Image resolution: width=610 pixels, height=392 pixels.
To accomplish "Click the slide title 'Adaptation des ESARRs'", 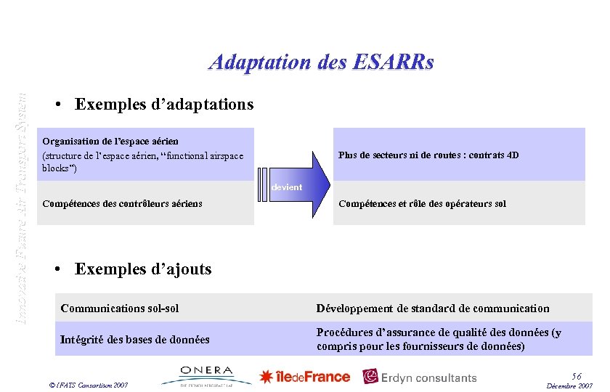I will coord(321,62).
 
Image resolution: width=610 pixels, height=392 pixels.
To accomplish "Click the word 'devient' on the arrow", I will coord(287,187).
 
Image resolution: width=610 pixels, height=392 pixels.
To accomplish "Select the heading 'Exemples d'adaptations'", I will coord(164,105).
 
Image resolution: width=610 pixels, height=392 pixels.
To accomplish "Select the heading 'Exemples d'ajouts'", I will coord(143,269).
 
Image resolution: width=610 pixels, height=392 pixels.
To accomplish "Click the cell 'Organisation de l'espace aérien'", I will coord(110,141).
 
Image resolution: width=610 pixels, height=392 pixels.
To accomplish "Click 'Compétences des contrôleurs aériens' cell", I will coord(123,204).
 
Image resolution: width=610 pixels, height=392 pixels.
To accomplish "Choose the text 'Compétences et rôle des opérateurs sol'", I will coord(422,204).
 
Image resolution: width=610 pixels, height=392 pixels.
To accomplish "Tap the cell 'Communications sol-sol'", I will coord(120,309).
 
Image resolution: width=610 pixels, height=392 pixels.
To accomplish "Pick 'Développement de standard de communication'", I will coord(433,309).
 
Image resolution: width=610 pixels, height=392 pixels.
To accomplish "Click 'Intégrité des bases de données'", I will coord(135,339).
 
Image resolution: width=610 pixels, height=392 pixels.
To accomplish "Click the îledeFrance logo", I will coord(305,377).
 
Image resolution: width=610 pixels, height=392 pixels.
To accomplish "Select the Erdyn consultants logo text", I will coord(429,377).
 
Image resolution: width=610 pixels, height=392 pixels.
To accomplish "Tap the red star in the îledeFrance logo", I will coord(267,377).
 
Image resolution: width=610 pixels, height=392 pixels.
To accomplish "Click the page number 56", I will coord(577,375).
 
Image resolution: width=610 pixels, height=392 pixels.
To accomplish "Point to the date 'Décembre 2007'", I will coord(571,385).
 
